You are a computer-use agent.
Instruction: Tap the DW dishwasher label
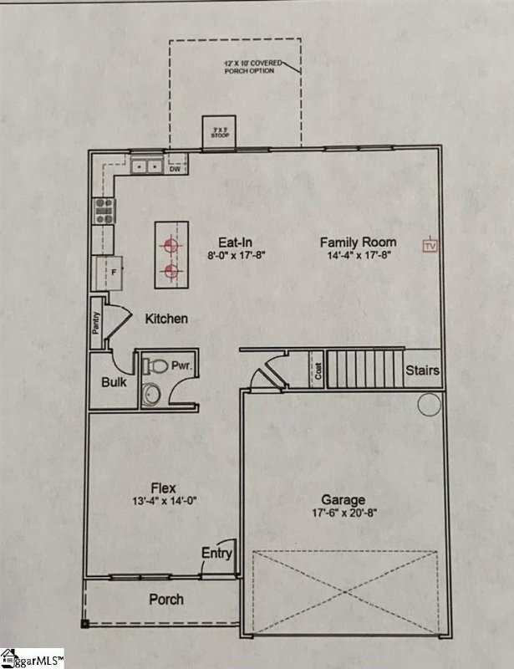tap(175, 169)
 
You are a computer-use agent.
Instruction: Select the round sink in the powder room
tap(151, 393)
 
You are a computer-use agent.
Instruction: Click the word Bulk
tap(114, 382)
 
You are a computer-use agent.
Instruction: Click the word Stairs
tap(422, 370)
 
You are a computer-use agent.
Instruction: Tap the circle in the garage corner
tap(430, 405)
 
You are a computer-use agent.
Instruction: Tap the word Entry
tap(216, 554)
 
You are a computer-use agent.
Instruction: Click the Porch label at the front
tap(166, 600)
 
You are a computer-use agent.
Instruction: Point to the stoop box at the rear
tap(221, 133)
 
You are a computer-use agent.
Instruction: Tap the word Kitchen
tap(166, 319)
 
